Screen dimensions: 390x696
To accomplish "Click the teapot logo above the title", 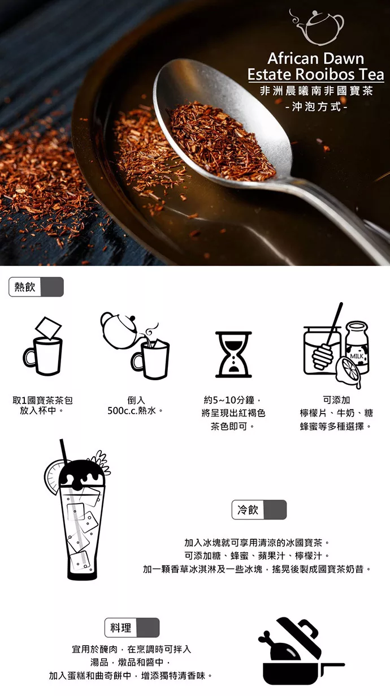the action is click(317, 27).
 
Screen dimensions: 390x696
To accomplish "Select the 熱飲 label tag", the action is click(36, 287).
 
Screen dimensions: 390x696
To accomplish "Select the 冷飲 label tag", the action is click(259, 509).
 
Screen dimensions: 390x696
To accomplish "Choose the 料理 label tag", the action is click(132, 628).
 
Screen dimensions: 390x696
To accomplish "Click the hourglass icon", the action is click(233, 354).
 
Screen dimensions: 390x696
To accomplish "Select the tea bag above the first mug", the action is click(48, 328).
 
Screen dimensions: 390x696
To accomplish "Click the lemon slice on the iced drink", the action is click(53, 477).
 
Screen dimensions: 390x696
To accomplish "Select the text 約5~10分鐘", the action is click(229, 400).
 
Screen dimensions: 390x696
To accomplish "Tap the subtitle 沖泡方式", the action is click(316, 107).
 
